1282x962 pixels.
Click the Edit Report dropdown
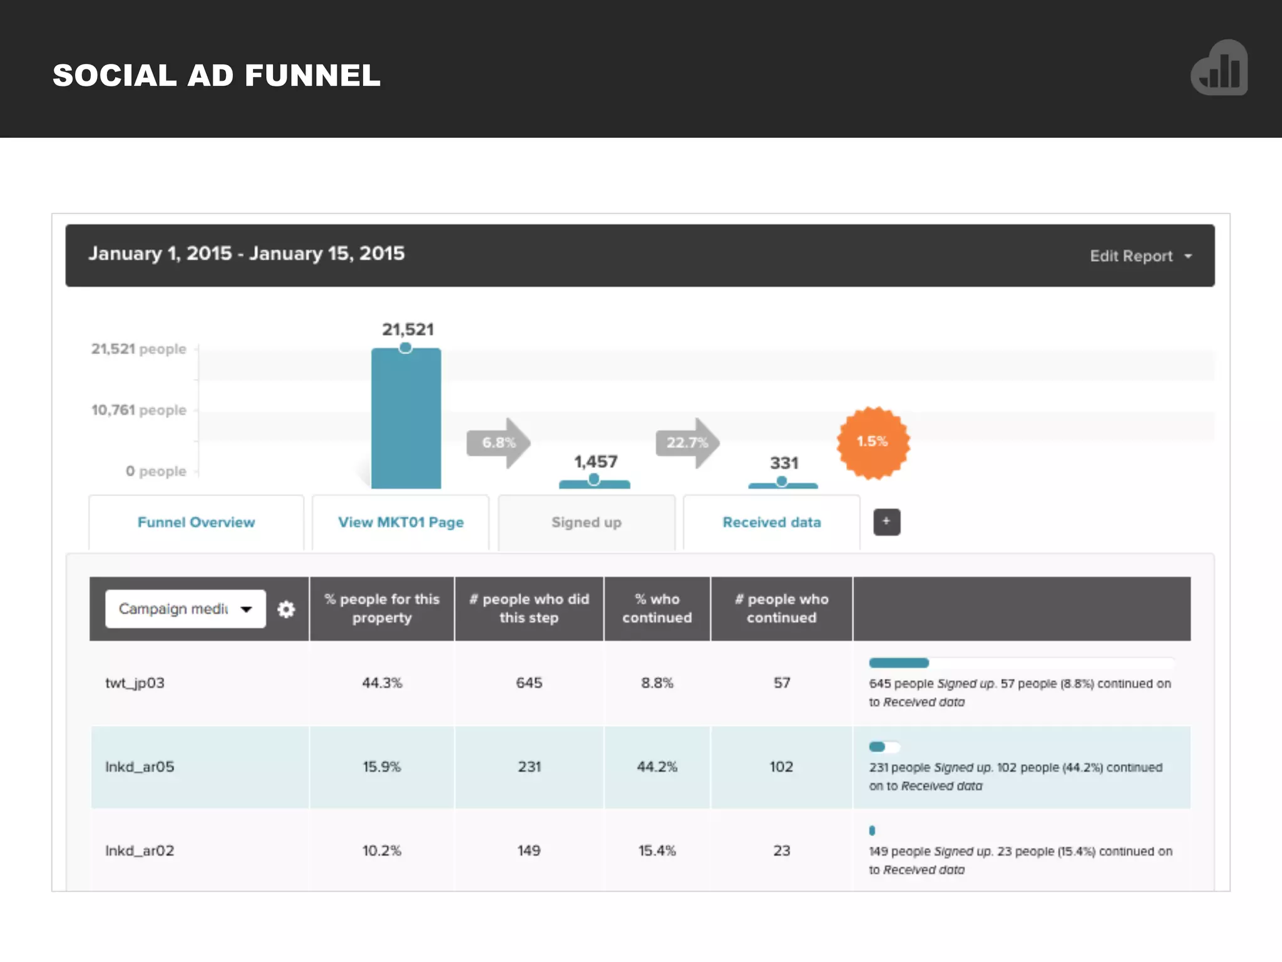pos(1140,256)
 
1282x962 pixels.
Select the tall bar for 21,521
pos(406,418)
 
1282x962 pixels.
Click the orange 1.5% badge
pos(873,442)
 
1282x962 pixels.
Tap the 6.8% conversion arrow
pos(498,443)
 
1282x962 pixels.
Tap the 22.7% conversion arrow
pos(687,443)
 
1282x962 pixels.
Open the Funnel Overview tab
pos(196,522)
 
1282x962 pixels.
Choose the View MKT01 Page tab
pos(401,522)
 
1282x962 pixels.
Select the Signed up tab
pos(587,522)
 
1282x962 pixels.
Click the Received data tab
pos(771,522)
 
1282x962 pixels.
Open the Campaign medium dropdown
pos(185,609)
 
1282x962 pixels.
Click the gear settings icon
pos(286,609)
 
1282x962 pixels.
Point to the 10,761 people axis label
pos(138,410)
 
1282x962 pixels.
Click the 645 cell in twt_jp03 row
pos(529,683)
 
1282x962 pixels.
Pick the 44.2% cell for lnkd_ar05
pos(657,767)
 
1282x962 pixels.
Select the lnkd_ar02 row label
pos(140,851)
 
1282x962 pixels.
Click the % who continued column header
pos(657,608)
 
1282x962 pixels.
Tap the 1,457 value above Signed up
pos(596,462)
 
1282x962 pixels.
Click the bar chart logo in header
pos(1219,68)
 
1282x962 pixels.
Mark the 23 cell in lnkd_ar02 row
pos(781,851)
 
